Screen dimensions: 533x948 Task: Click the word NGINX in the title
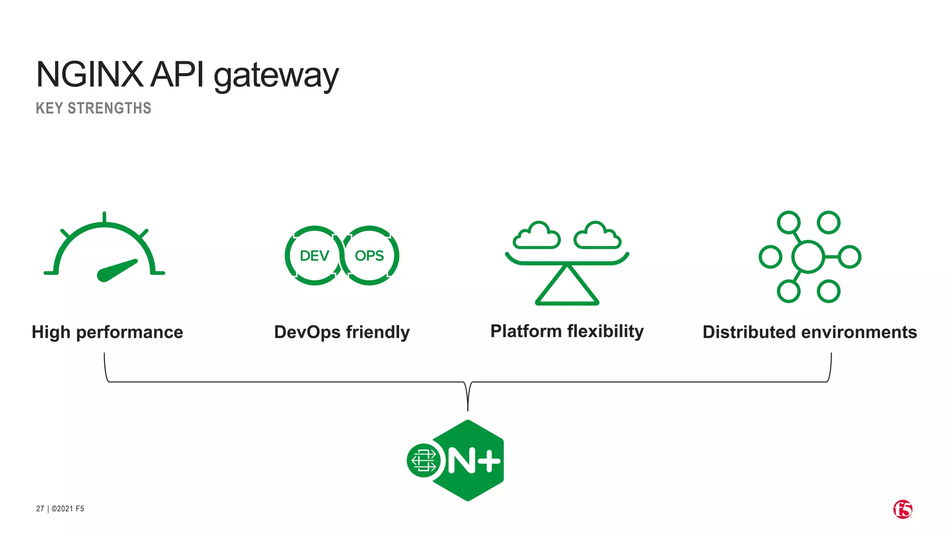90,74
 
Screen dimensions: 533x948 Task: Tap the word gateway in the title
276,76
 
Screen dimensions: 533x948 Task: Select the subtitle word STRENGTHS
109,108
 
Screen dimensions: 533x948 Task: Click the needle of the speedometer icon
117,271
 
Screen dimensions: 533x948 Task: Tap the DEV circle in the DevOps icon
314,255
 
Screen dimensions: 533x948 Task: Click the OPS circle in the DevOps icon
369,255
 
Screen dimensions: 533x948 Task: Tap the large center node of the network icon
808,256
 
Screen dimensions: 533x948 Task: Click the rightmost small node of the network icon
850,257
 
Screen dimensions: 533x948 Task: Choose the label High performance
107,332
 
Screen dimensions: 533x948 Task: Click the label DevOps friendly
342,332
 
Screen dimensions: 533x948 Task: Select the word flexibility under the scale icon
605,331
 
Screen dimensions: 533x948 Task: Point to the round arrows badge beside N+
424,460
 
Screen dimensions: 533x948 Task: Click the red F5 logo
903,509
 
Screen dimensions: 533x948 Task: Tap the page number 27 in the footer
40,508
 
